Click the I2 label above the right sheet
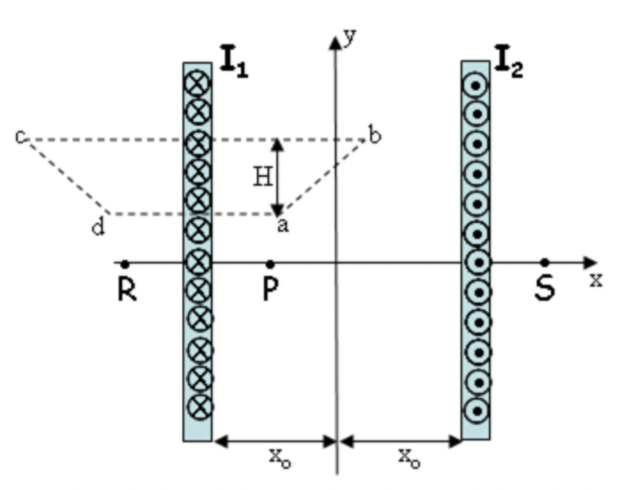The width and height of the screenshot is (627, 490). (508, 64)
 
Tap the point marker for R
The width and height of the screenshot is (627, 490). (127, 264)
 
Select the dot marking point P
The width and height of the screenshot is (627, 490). (269, 264)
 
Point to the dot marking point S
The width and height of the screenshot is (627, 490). (545, 263)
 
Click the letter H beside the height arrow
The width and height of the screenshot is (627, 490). (261, 178)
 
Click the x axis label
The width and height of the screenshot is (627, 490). (596, 280)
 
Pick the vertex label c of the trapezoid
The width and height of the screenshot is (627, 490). (20, 137)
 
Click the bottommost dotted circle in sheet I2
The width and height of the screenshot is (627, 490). (476, 410)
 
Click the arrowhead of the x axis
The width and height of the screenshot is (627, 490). (591, 263)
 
